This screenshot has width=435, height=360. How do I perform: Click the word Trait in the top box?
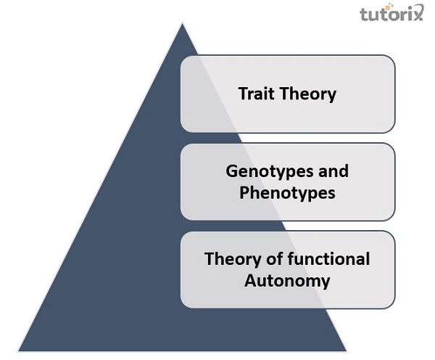[x=256, y=94]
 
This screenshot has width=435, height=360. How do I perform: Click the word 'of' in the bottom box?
[x=275, y=259]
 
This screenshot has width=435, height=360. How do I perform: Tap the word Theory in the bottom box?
[x=231, y=259]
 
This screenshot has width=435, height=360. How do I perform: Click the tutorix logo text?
[x=391, y=15]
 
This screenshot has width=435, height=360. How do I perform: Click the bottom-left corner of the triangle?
[x=19, y=351]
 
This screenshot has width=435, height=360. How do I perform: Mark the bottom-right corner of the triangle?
[x=347, y=351]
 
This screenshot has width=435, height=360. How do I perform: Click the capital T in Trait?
[x=243, y=94]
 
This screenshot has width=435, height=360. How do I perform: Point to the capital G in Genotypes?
[x=231, y=171]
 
